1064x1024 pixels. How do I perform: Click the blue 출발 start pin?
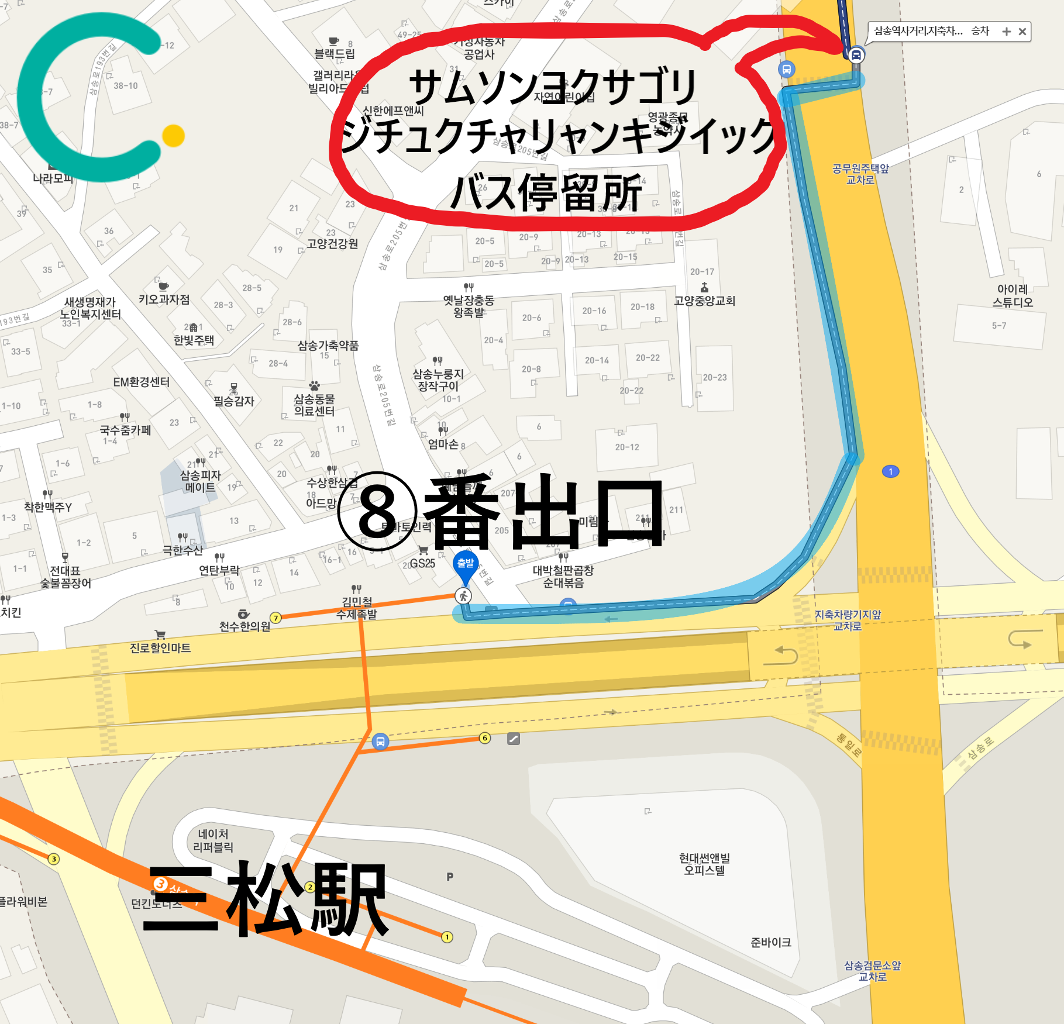(466, 564)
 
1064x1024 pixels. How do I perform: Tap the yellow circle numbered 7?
(276, 618)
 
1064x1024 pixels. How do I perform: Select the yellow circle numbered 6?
(485, 738)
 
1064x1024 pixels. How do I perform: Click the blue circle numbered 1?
(890, 471)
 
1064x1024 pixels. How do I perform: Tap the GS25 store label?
(422, 563)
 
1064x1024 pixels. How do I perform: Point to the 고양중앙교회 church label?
(704, 301)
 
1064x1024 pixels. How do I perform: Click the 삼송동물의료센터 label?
(314, 405)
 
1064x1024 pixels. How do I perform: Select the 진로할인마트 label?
(160, 648)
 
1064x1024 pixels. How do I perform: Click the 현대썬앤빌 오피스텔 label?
(704, 864)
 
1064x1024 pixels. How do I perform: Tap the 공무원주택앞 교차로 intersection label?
(860, 174)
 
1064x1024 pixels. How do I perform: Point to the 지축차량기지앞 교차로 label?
(848, 620)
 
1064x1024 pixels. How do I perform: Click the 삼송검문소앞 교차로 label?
(872, 971)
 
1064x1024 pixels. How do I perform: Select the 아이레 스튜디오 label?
(1013, 296)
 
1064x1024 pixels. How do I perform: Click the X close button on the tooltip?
(1022, 32)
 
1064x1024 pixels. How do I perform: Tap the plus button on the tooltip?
(1006, 32)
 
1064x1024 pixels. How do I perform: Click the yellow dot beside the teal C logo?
(173, 136)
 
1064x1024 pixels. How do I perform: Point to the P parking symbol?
(450, 877)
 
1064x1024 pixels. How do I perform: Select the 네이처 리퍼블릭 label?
(213, 840)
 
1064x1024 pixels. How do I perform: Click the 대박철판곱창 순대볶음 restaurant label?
(563, 576)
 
